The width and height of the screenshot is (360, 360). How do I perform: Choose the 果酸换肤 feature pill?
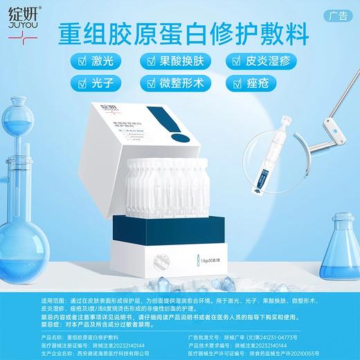[x=181, y=62]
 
